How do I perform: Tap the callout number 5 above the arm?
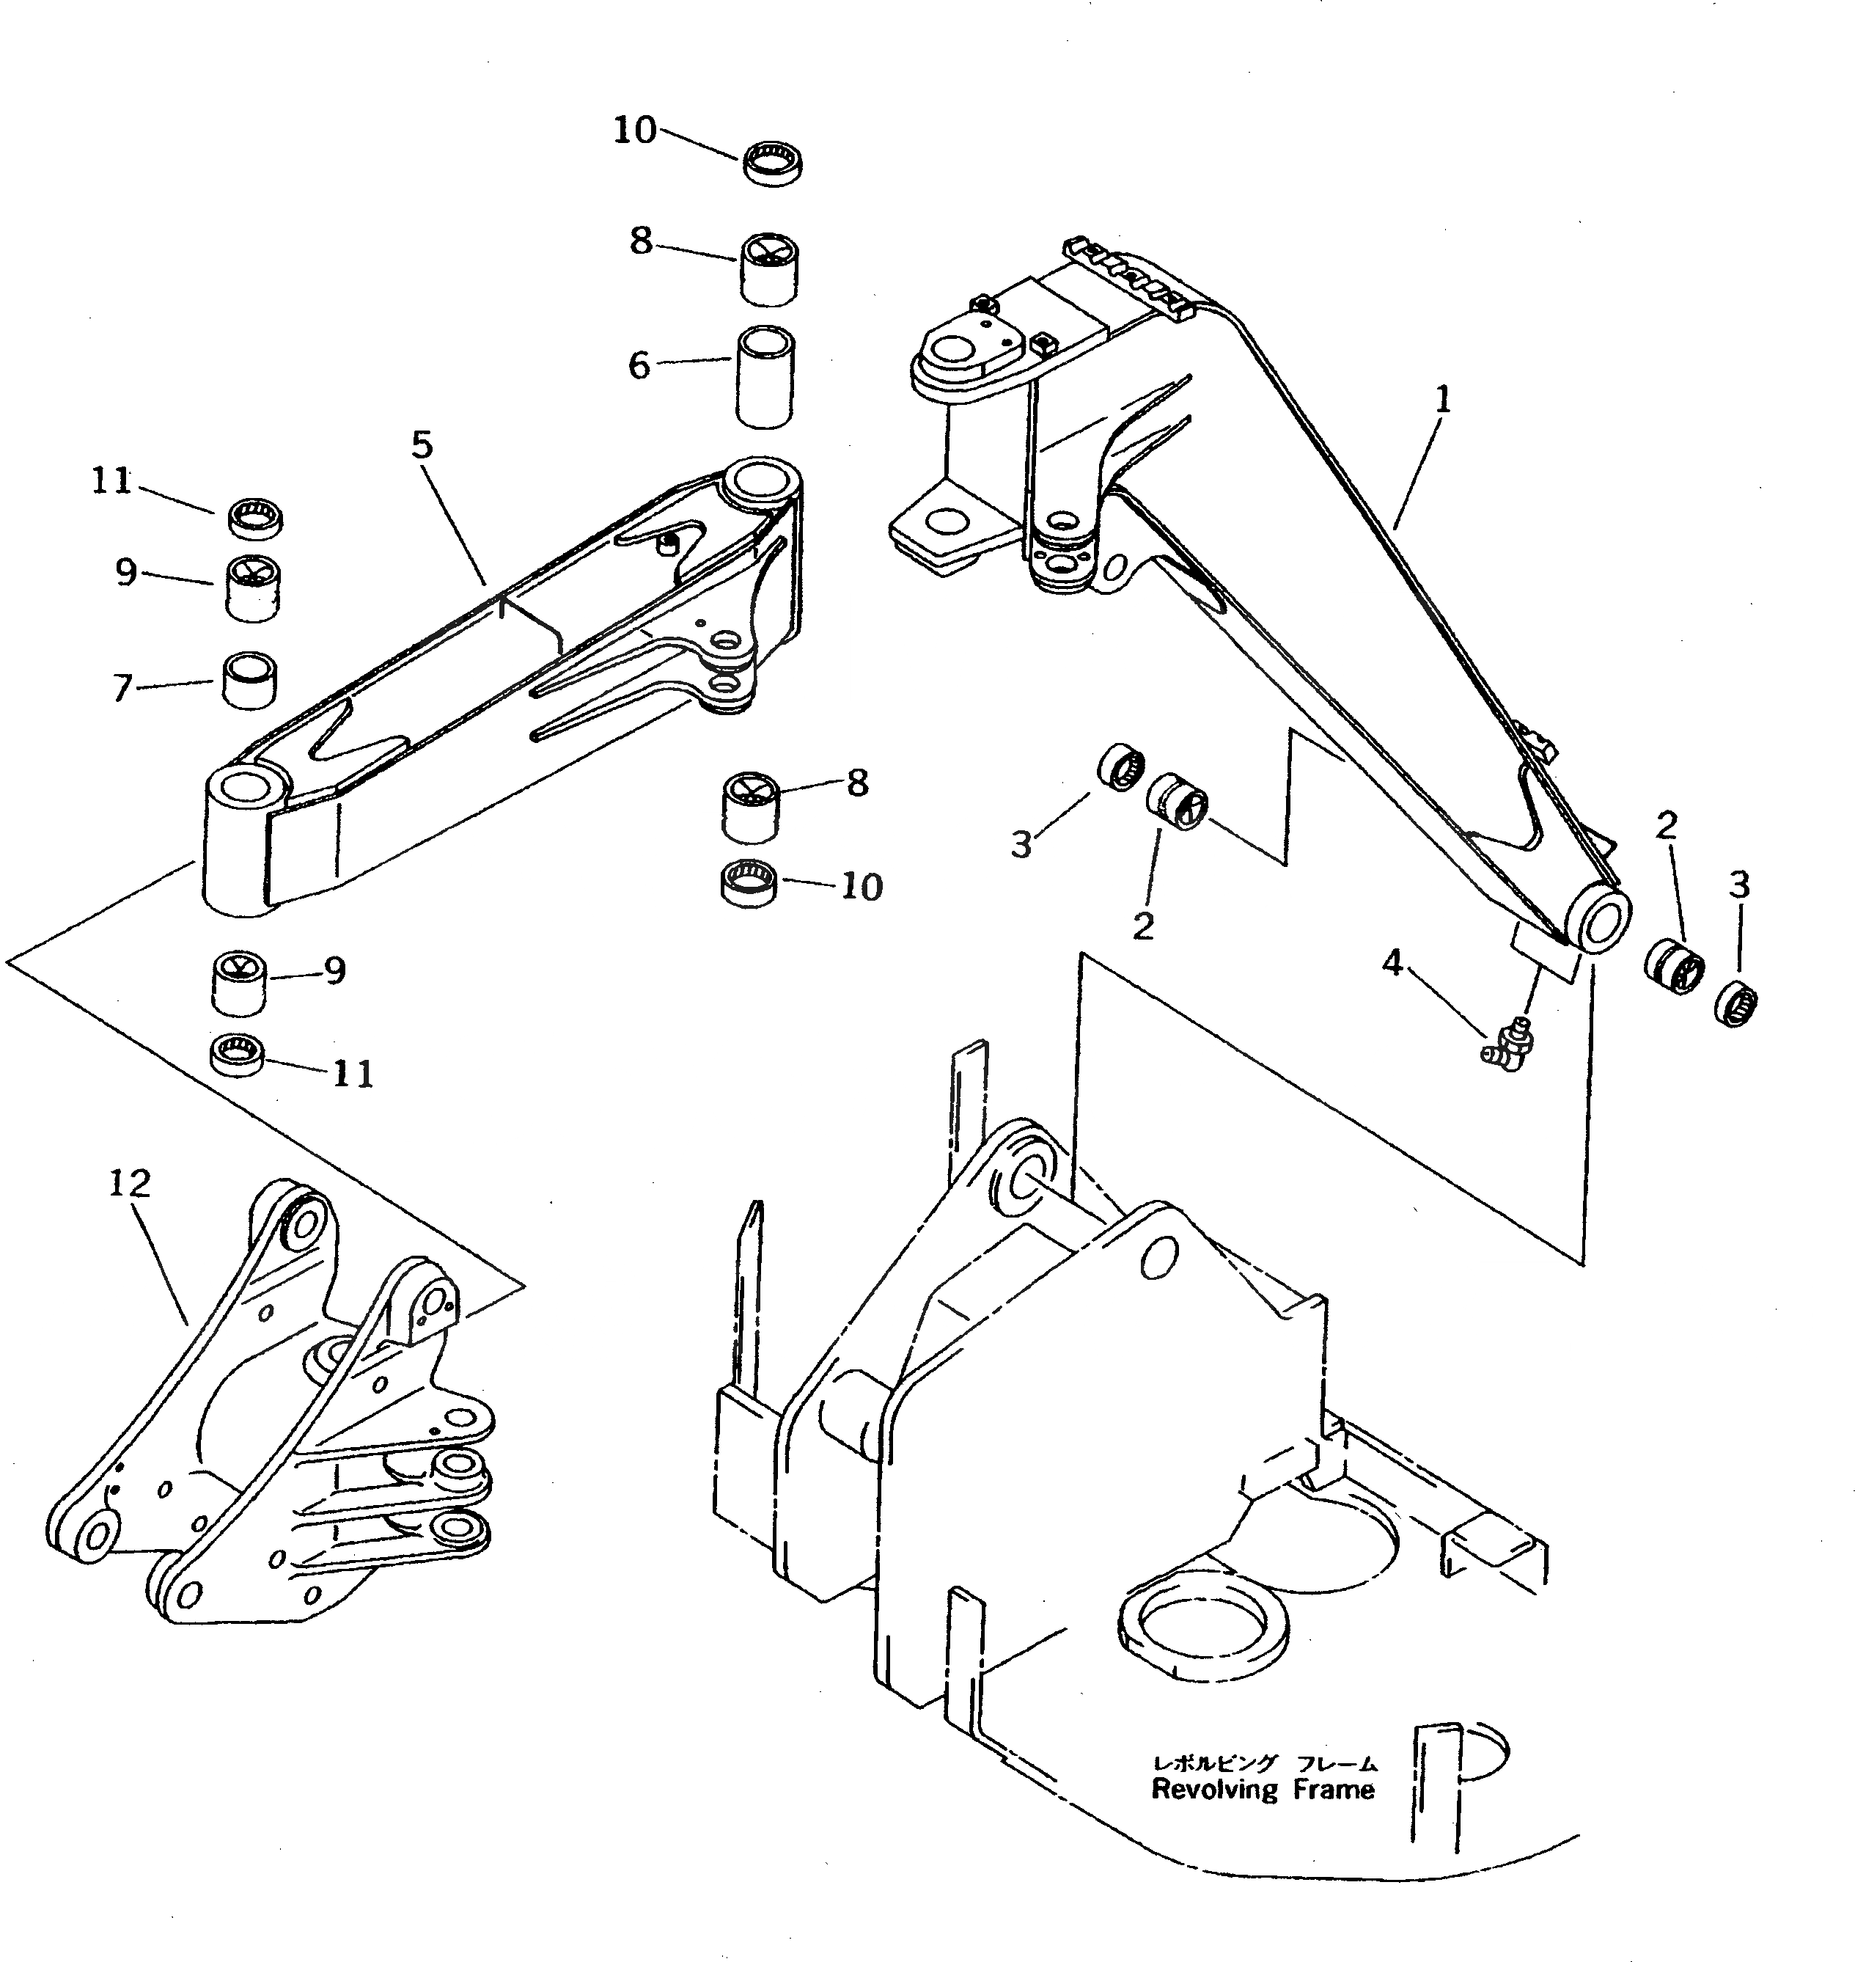click(422, 446)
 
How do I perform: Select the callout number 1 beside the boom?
click(1443, 400)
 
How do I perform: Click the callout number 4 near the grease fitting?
click(1392, 962)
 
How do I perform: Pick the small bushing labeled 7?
click(249, 681)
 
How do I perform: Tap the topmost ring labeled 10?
click(772, 162)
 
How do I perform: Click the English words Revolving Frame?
click(1263, 1789)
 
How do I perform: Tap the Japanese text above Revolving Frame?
click(1263, 1763)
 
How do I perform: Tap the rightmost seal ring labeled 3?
click(1735, 1006)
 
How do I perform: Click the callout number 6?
click(640, 366)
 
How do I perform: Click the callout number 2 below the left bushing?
click(1142, 926)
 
